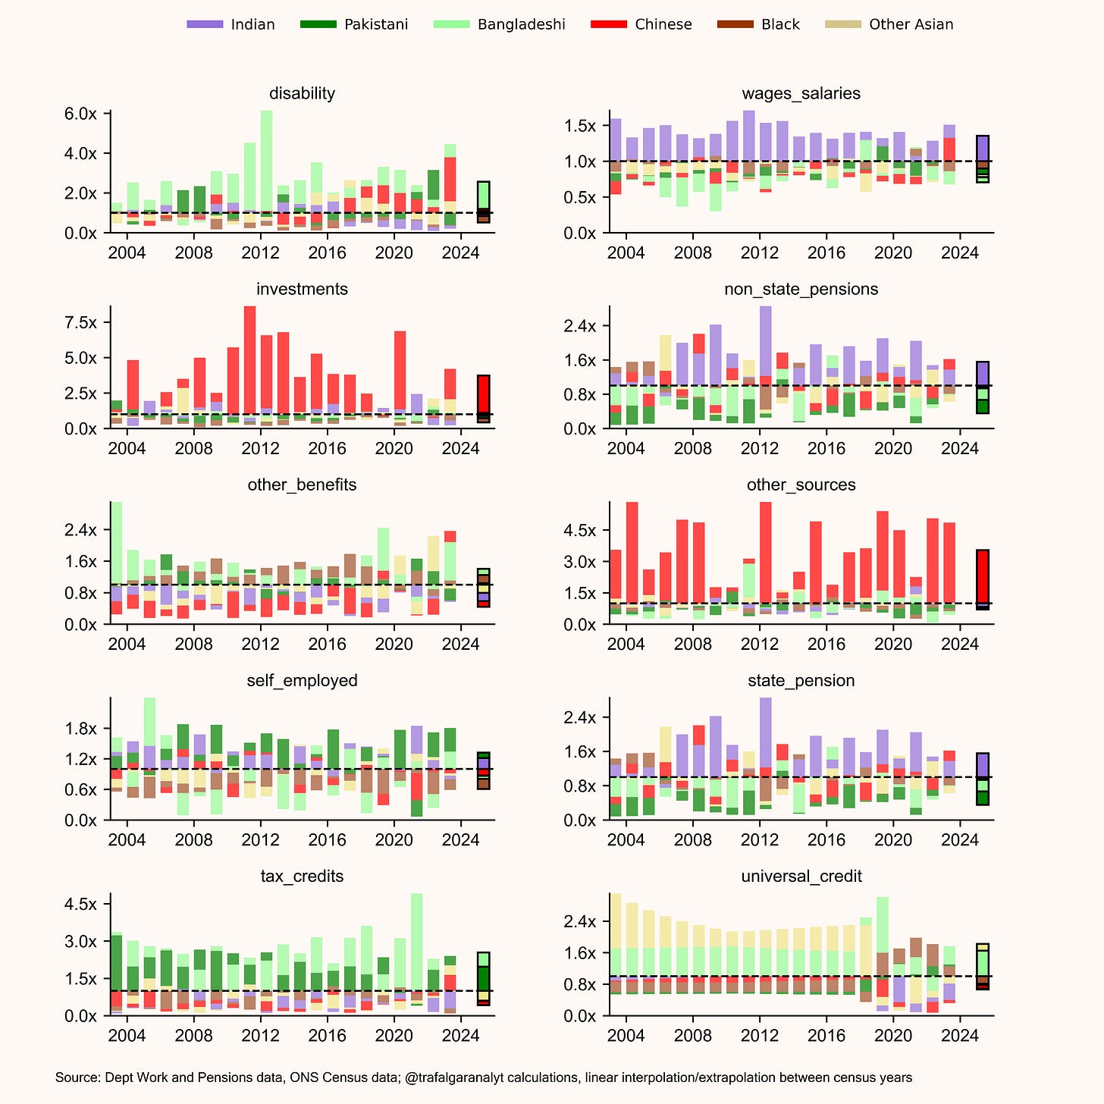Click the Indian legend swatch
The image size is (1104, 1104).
click(205, 24)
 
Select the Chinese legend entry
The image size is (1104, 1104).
click(663, 24)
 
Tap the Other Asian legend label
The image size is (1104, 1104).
click(911, 24)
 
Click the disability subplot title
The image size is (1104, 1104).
click(302, 93)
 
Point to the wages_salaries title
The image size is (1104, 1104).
click(801, 93)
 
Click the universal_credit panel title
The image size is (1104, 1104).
click(801, 877)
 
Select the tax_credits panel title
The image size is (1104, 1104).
click(302, 877)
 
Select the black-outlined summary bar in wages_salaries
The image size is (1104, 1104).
click(982, 159)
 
